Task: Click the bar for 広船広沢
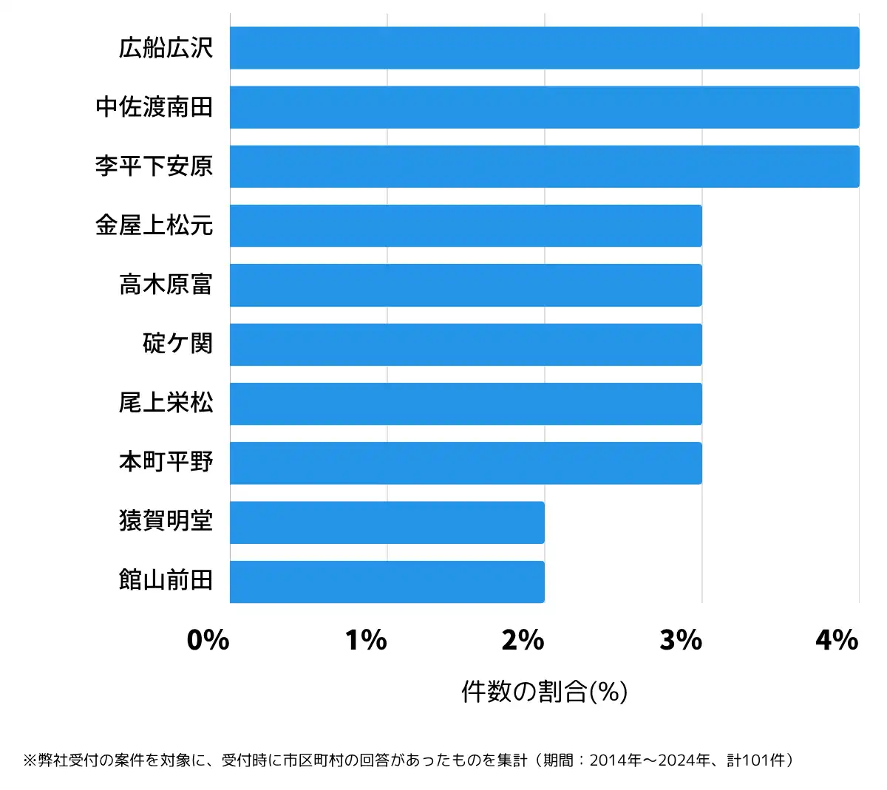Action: tap(544, 48)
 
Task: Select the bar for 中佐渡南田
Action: tap(544, 107)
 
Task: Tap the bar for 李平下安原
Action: tap(544, 166)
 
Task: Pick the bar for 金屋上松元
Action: tap(466, 225)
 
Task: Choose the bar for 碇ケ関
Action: tap(466, 344)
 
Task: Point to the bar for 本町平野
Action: tap(466, 463)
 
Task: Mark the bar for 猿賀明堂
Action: tap(387, 522)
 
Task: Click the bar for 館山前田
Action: tap(387, 582)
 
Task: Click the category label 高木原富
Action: tap(166, 285)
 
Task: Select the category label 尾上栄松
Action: tap(166, 403)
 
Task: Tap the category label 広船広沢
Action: tap(166, 48)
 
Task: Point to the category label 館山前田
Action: tap(166, 580)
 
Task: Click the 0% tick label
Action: tap(208, 640)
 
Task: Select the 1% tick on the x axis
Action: tap(366, 640)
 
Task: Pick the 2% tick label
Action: tap(523, 640)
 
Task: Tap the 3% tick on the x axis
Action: tap(681, 640)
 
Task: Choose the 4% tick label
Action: tap(837, 640)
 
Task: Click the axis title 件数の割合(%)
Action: tap(544, 692)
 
